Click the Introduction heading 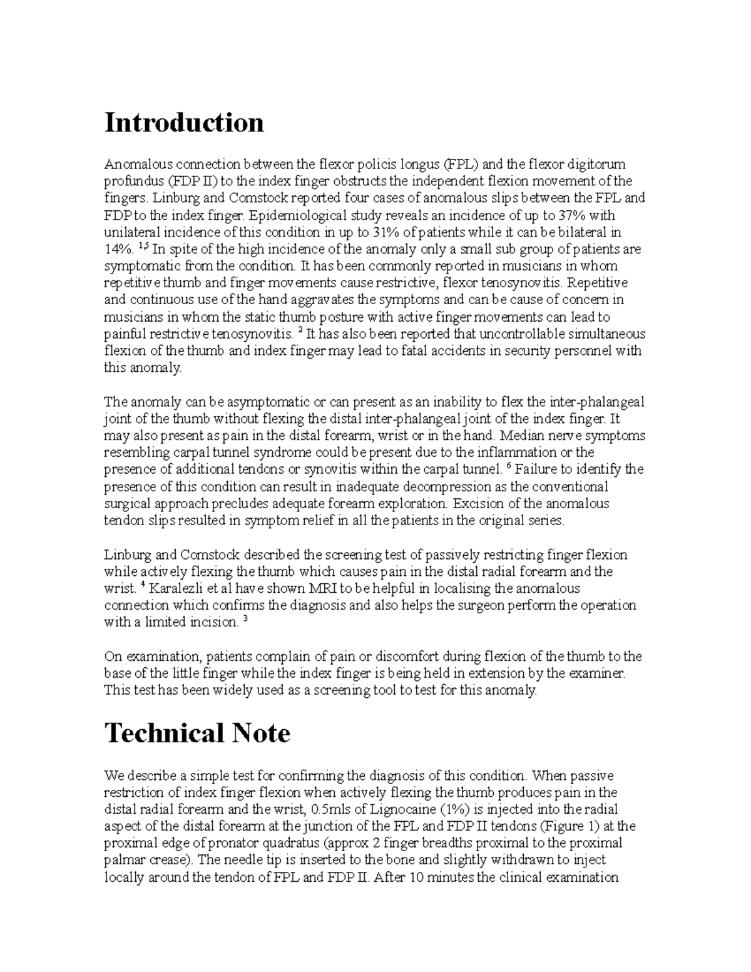[x=184, y=122]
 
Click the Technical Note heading [x=197, y=733]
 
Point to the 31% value [x=391, y=233]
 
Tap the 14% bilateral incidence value [x=117, y=250]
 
